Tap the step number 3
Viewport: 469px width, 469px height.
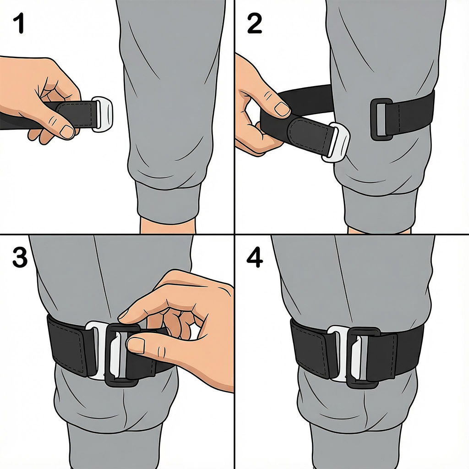[19, 258]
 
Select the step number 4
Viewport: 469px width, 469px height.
[255, 259]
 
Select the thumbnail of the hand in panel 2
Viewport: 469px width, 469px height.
[282, 109]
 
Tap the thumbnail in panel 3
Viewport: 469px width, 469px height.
[136, 345]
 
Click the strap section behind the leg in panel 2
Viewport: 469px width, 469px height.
[307, 98]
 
